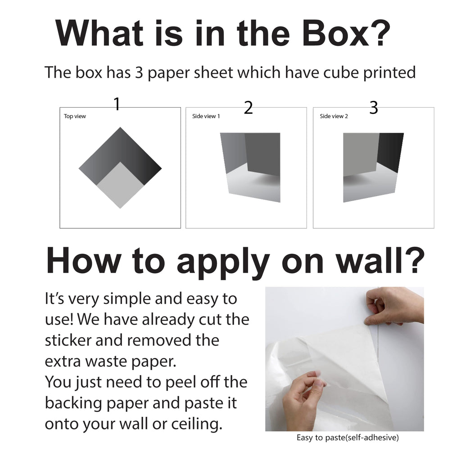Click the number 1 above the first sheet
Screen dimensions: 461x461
[x=117, y=104]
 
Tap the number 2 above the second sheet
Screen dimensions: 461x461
[x=248, y=108]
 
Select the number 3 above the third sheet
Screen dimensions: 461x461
[x=373, y=108]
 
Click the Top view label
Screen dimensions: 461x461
[x=75, y=116]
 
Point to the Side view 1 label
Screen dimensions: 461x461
[x=206, y=116]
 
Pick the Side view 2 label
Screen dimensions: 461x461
[x=334, y=116]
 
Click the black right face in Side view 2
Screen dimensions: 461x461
[x=390, y=154]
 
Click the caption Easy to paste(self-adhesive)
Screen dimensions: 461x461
[x=347, y=438]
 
